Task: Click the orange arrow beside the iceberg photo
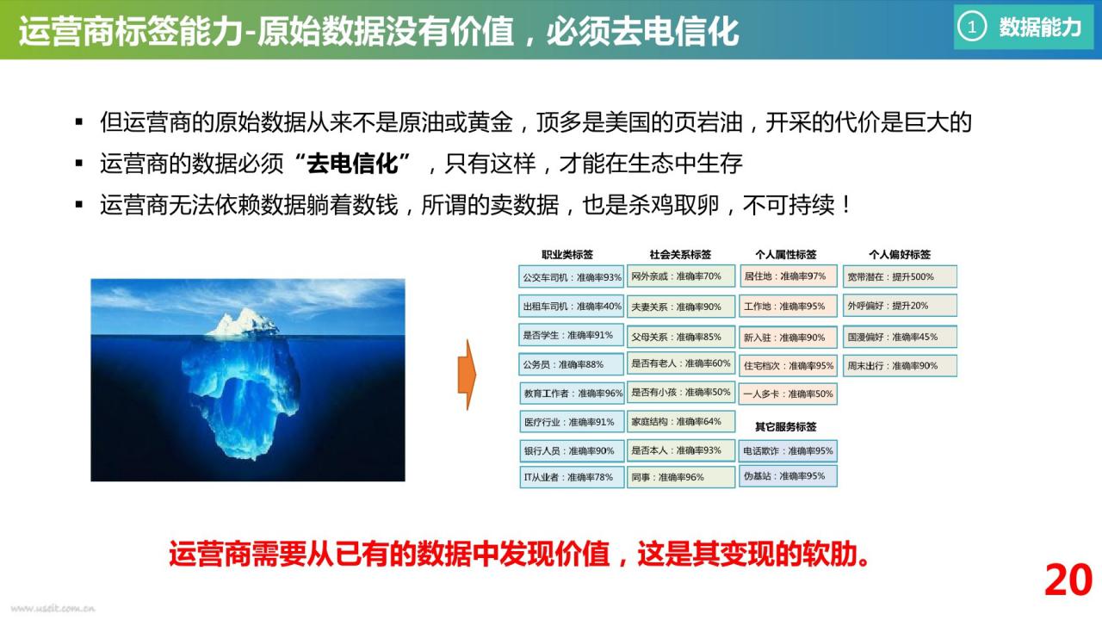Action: pos(467,375)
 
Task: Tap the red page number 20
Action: pos(1068,580)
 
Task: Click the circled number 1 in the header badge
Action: pos(972,27)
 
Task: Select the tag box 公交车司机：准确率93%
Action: pos(571,277)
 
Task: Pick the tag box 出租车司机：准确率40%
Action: pos(571,306)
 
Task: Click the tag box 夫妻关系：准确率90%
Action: pos(681,307)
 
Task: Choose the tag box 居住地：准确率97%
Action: pos(788,276)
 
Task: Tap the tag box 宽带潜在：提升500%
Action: pos(900,276)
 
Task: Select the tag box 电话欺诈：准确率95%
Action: pos(788,450)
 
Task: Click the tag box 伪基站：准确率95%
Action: pos(788,476)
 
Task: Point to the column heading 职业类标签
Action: pos(567,254)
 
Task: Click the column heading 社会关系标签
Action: pos(680,254)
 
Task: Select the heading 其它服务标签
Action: pos(786,426)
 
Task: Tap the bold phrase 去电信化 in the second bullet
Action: pos(352,164)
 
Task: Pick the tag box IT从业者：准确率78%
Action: pos(571,477)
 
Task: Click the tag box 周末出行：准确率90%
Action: pos(900,366)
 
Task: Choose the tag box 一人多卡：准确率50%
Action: pos(788,394)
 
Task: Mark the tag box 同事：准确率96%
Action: pos(681,477)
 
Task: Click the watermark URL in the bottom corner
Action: pos(53,609)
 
